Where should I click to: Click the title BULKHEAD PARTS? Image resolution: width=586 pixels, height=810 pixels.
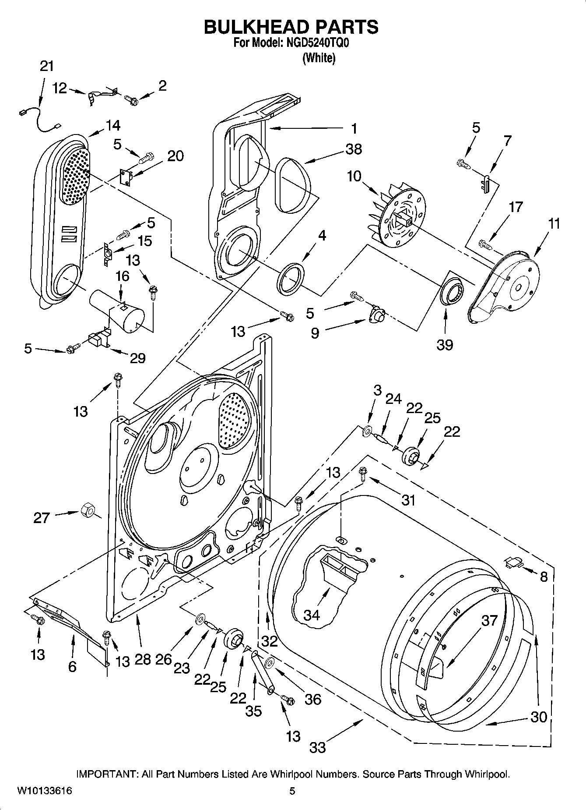291,27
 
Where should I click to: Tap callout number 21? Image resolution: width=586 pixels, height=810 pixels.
46,66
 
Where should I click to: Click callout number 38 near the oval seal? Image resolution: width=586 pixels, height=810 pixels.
354,149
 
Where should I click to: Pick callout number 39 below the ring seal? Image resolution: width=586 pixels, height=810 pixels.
445,345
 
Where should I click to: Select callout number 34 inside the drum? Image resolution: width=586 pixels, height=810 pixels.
312,615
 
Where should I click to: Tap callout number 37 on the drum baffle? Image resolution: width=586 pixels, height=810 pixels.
490,620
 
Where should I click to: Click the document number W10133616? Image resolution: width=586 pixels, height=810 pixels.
45,791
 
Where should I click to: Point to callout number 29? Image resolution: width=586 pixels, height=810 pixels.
137,358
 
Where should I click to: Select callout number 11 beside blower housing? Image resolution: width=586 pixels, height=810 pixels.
554,224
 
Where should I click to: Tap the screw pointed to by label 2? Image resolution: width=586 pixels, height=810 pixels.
131,100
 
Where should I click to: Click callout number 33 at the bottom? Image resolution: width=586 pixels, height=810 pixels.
318,747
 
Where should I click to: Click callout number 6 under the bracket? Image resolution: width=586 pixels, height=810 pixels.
72,666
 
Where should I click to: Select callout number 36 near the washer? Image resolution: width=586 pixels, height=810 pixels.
313,699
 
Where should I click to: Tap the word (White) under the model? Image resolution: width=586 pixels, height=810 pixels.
319,58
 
